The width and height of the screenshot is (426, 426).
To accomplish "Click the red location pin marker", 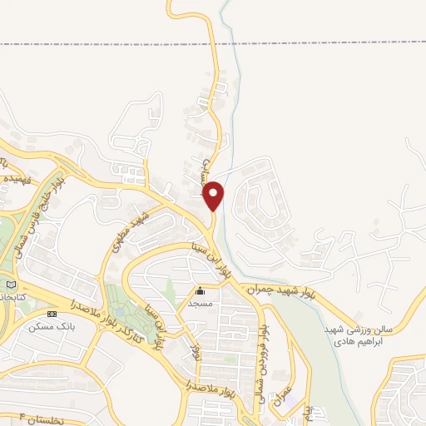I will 215,195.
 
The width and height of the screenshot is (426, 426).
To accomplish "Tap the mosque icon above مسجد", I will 200,291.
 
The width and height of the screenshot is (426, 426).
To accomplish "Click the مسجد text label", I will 200,305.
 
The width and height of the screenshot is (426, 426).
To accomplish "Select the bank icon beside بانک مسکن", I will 52,314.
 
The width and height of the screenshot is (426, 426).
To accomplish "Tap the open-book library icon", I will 9,285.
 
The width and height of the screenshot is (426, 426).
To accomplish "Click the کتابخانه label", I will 17,297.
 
